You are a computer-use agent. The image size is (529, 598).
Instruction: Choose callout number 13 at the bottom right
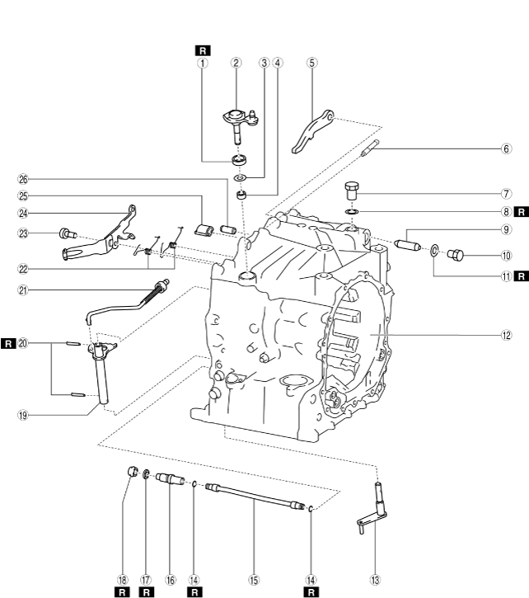[376, 580]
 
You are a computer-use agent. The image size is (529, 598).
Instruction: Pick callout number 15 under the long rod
[253, 580]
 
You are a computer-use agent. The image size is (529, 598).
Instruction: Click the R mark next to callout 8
[520, 211]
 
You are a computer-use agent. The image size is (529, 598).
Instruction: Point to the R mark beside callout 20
[8, 342]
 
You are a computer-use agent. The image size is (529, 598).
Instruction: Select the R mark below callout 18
[122, 591]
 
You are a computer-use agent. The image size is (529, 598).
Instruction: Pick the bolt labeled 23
[67, 234]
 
